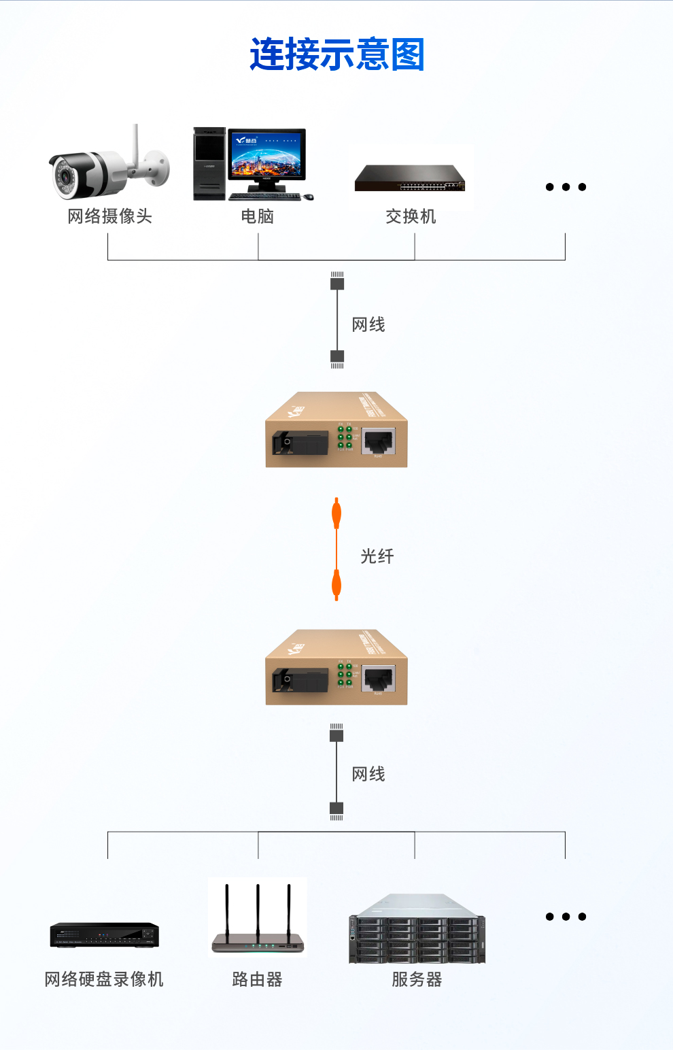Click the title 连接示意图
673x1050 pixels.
pos(337,54)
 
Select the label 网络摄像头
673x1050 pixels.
pos(109,216)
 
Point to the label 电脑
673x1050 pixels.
pos(258,216)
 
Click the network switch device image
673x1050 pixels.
pos(410,178)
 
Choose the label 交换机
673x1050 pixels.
pos(411,216)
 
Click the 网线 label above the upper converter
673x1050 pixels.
pos(368,324)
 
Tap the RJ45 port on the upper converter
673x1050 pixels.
pos(379,442)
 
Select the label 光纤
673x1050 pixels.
pos(377,556)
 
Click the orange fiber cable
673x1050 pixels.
pos(336,549)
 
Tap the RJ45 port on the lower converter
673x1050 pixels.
pos(379,679)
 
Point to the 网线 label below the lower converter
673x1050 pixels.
pos(368,774)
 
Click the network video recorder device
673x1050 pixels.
pos(104,935)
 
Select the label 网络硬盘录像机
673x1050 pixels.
pos(104,979)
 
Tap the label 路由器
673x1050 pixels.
pos(257,979)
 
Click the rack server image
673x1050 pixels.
pos(417,929)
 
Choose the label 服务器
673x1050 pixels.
pos(417,979)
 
